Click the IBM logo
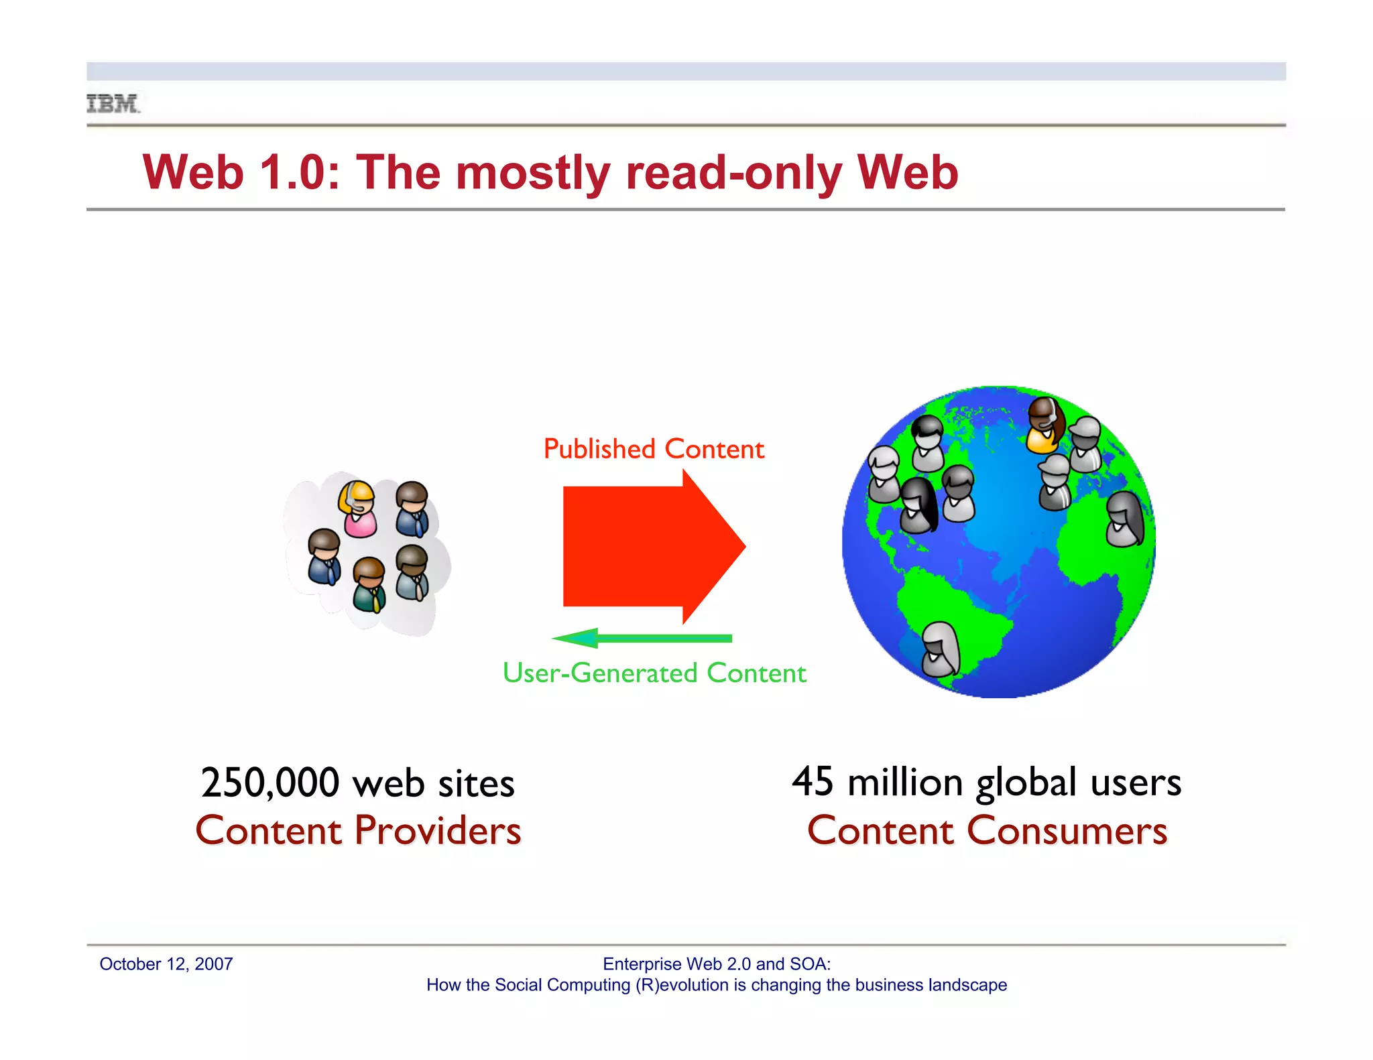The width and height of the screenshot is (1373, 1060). [x=113, y=104]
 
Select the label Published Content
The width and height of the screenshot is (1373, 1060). [x=654, y=449]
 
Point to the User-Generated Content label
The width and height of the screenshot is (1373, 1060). [x=654, y=673]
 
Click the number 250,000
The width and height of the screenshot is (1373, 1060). [x=270, y=783]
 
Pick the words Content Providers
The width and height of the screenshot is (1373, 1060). [x=358, y=831]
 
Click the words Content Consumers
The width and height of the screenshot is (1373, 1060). [x=987, y=831]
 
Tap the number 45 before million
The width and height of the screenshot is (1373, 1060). [x=813, y=781]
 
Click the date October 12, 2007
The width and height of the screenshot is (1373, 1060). [x=166, y=964]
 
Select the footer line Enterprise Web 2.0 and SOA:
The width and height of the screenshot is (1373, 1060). [x=717, y=964]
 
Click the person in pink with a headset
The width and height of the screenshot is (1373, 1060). [x=359, y=509]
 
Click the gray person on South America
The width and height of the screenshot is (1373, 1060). [x=940, y=649]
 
